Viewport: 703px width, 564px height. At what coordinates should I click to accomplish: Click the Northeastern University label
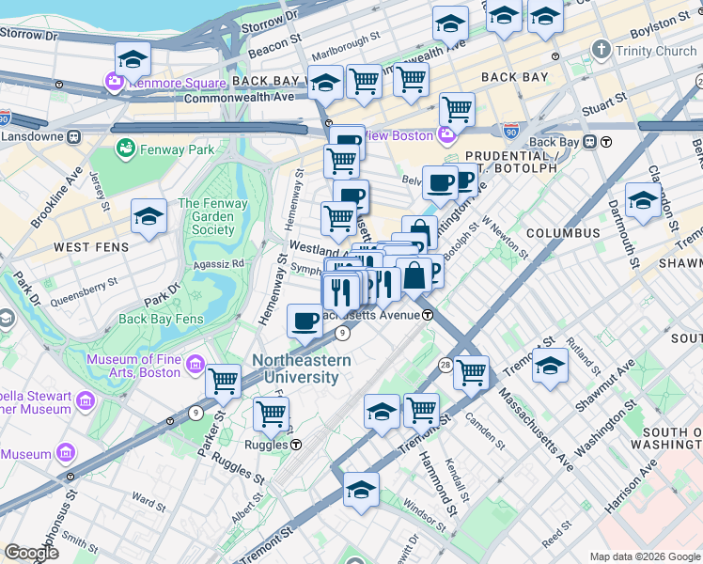(302, 368)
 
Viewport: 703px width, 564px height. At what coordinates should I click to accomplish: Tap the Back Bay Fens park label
(161, 319)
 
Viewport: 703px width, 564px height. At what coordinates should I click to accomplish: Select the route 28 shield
(444, 364)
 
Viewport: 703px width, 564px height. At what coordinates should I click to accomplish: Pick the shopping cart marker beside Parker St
(224, 381)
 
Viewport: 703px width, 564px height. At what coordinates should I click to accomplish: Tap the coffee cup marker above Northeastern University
(305, 321)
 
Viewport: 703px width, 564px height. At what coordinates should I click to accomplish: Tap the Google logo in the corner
(31, 552)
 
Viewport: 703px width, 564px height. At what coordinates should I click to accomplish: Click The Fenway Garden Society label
(213, 216)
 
